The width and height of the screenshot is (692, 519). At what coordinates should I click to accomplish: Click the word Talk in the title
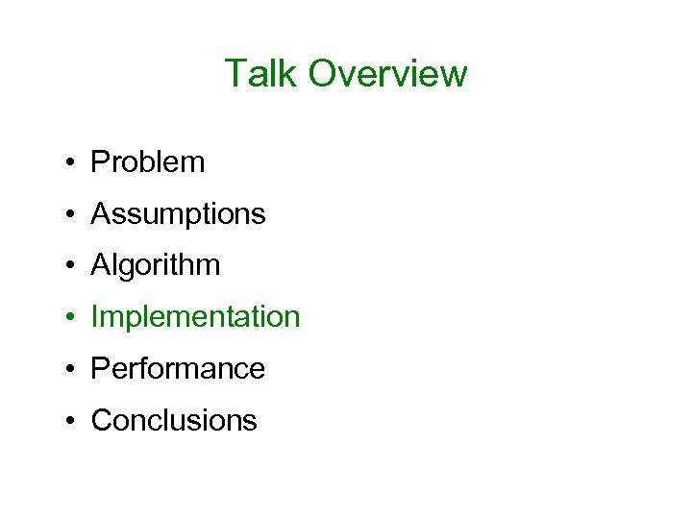(261, 74)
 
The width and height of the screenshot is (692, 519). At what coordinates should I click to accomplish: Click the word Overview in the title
(387, 74)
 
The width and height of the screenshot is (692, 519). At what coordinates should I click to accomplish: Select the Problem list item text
(148, 162)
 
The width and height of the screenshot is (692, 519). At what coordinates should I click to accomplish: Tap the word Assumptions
(178, 214)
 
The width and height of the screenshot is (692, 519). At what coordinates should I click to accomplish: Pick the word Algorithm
(156, 266)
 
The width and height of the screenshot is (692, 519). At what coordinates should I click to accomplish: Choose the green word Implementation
(195, 317)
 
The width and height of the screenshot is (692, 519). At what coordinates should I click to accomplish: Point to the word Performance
(178, 369)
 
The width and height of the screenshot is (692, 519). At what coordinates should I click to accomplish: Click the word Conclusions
(174, 421)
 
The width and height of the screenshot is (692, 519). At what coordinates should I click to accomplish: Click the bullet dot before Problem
(72, 163)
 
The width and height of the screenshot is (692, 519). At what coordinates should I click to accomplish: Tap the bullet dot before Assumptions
(72, 215)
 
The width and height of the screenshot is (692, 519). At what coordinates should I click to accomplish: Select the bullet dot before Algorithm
(72, 267)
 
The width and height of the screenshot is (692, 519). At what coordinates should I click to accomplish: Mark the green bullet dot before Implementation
(72, 318)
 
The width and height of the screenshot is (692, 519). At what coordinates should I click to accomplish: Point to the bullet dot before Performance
(72, 370)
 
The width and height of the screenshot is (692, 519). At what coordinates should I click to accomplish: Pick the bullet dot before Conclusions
(72, 422)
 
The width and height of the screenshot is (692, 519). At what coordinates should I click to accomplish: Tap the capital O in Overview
(325, 74)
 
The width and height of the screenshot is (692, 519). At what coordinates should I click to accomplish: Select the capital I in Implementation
(94, 317)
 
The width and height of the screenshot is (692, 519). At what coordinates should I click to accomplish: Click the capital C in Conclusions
(101, 421)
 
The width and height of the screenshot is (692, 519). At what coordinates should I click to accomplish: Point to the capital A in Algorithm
(101, 265)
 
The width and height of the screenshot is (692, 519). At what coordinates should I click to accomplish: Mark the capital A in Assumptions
(101, 213)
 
